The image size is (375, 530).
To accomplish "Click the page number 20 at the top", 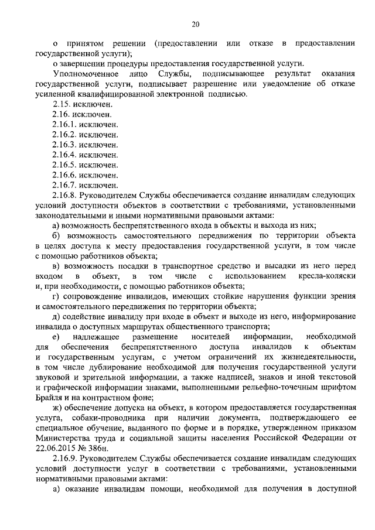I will click(x=196, y=24).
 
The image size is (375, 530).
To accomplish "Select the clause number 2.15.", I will click(x=63, y=104).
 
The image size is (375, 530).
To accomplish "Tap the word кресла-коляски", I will click(x=328, y=276).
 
